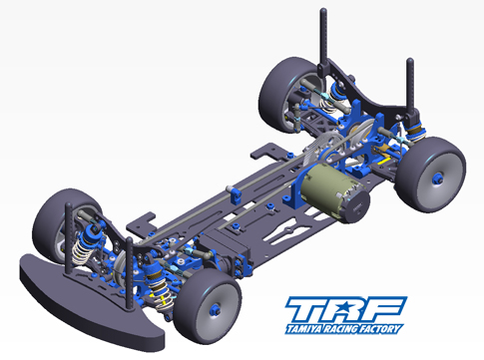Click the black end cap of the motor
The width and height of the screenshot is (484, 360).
coord(356,206)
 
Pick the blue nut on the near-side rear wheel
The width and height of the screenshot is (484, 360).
coord(438,179)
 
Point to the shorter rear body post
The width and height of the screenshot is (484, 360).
coord(410,87)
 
